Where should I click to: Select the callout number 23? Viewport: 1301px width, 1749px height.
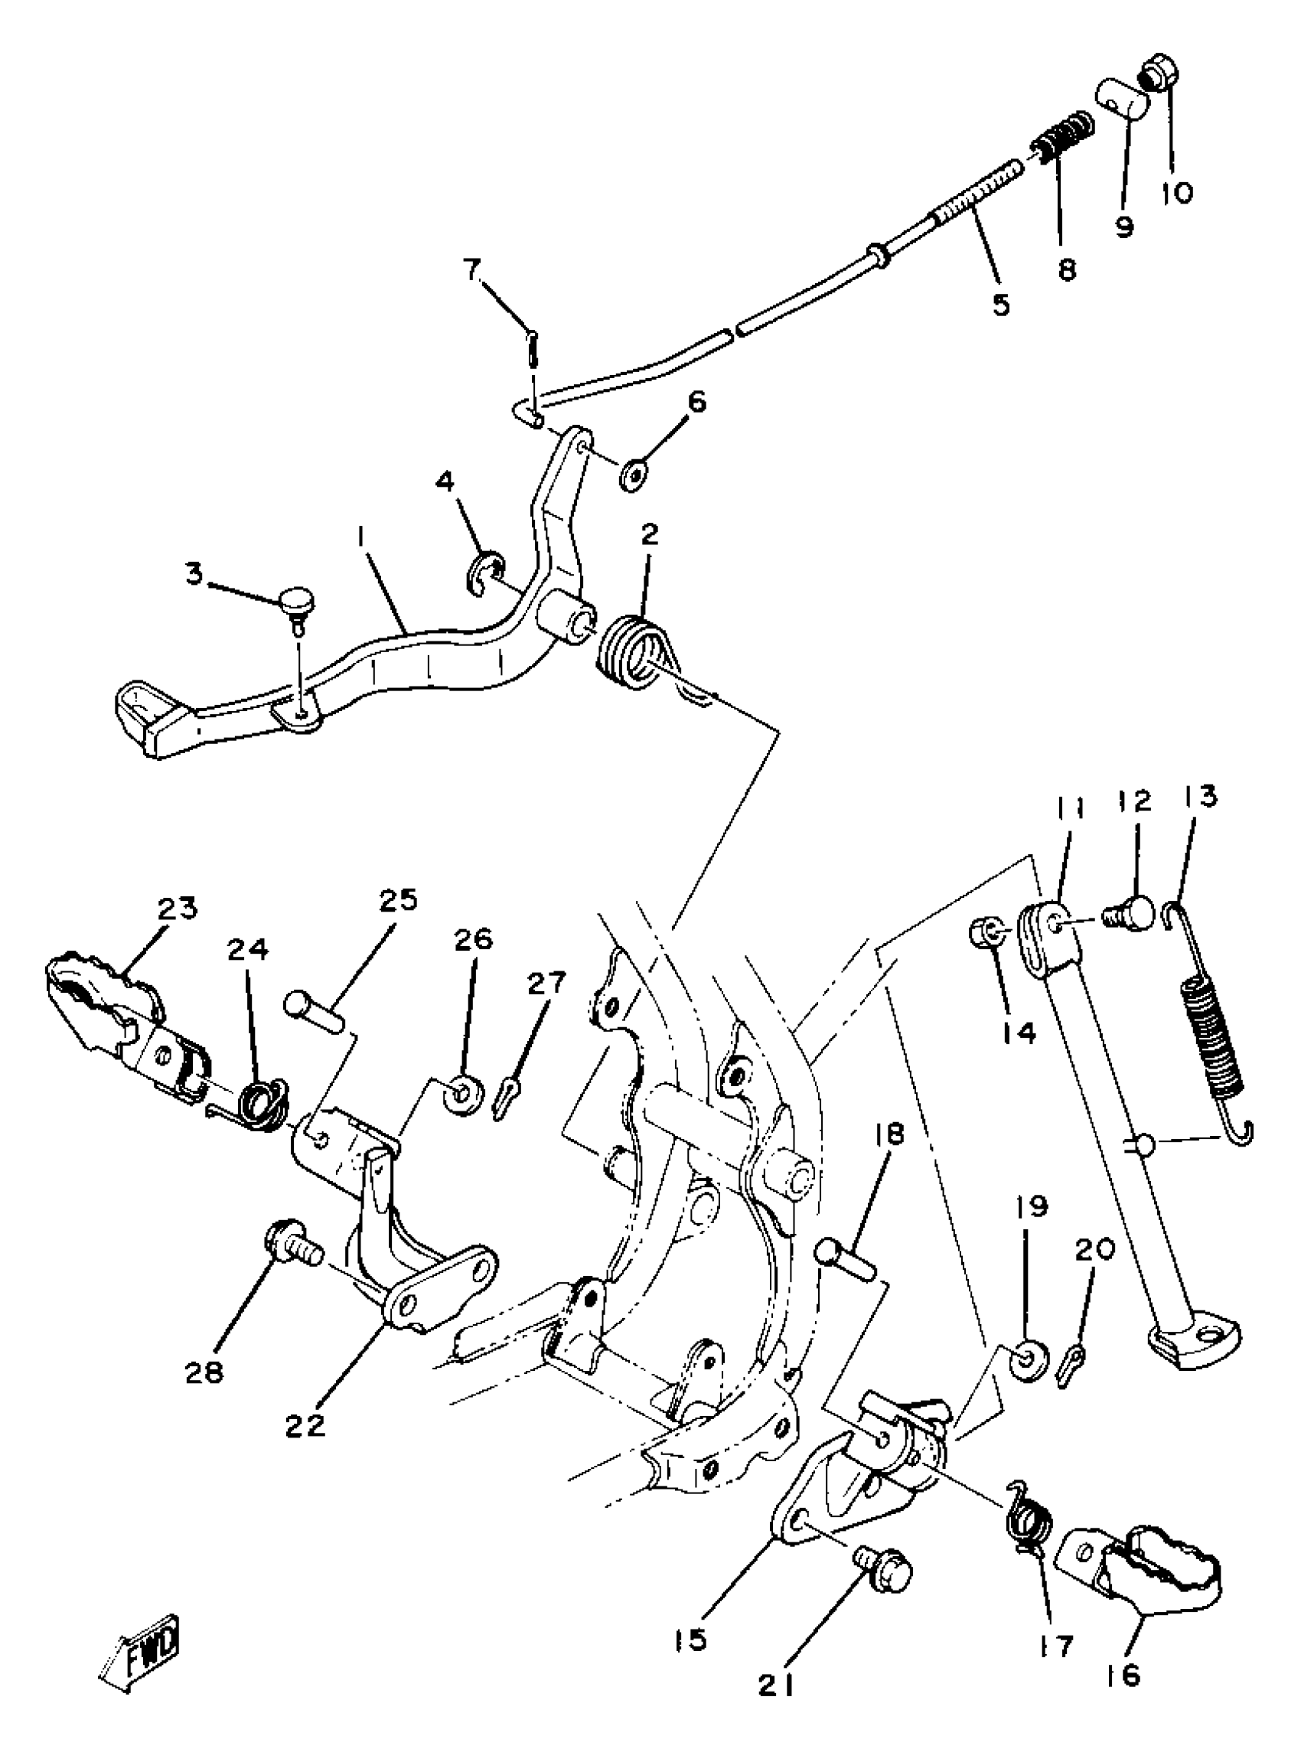(x=178, y=909)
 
